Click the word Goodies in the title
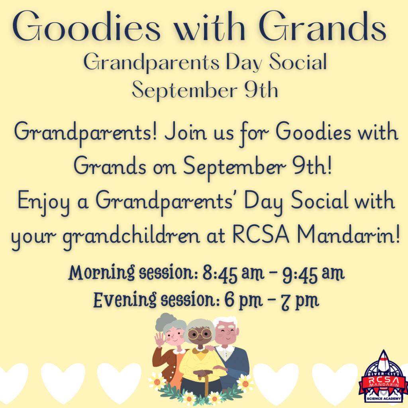click(86, 26)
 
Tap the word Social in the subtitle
click(298, 61)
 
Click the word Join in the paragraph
click(186, 132)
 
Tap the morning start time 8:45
click(220, 273)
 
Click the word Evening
click(125, 300)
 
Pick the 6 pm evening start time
click(243, 300)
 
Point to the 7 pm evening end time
click(300, 301)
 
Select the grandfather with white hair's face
click(226, 333)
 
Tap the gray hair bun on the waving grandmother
click(165, 320)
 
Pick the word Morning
click(102, 273)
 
